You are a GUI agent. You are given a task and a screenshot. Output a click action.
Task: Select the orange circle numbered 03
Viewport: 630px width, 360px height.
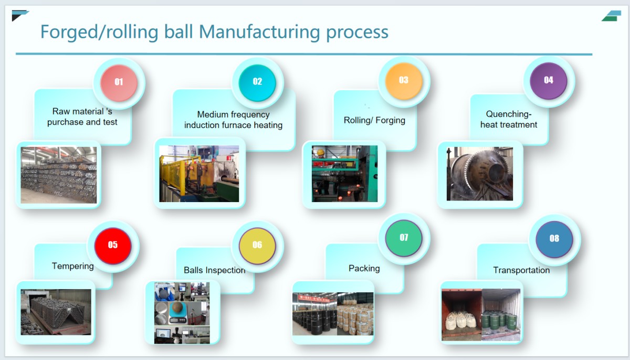click(x=404, y=81)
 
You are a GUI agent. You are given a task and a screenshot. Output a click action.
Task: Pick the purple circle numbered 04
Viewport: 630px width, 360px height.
click(x=549, y=81)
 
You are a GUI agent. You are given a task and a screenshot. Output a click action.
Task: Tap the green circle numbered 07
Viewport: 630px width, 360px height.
click(x=404, y=238)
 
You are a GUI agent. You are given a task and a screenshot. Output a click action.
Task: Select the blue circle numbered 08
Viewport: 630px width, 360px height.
click(x=554, y=239)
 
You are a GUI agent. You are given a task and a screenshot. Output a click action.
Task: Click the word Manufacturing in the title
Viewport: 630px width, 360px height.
click(x=259, y=32)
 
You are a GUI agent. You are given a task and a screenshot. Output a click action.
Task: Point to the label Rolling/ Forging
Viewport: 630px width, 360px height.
click(x=374, y=120)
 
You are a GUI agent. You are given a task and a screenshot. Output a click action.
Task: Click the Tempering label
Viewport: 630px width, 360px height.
click(x=73, y=266)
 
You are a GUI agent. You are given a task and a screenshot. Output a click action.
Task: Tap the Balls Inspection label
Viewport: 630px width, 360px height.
click(x=214, y=270)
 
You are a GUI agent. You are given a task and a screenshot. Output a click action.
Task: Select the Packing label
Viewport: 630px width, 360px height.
click(x=364, y=268)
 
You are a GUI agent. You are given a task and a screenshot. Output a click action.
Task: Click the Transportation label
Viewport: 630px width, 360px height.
click(x=521, y=270)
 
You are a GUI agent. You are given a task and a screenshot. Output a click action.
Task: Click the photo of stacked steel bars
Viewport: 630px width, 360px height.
click(x=58, y=175)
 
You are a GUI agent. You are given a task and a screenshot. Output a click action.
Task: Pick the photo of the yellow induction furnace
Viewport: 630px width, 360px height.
click(x=199, y=173)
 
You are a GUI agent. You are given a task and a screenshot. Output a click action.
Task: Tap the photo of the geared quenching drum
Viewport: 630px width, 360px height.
click(x=480, y=174)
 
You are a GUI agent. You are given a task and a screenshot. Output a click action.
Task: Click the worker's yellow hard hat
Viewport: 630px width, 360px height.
click(x=321, y=152)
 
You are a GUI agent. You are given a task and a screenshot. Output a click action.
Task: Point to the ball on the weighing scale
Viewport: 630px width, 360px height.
click(x=178, y=308)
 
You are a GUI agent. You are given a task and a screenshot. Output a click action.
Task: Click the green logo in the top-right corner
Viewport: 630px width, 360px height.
click(x=612, y=16)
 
